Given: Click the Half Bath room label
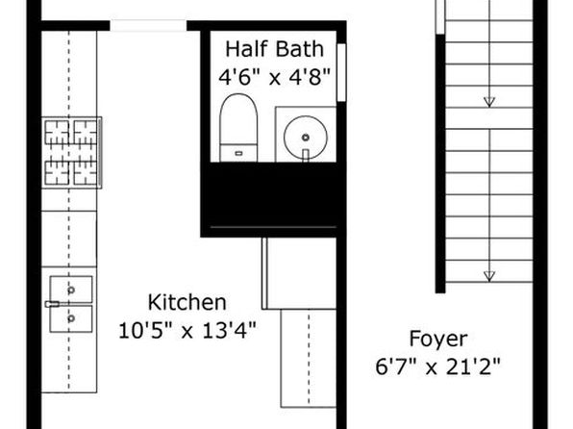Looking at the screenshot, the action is (x=274, y=49).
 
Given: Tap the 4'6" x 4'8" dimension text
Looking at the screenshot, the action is (x=274, y=77).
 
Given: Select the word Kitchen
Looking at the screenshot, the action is (x=187, y=302).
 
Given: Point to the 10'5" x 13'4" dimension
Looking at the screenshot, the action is (x=187, y=330).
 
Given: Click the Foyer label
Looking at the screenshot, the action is (x=438, y=340).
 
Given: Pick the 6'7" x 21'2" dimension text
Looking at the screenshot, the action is (x=437, y=366).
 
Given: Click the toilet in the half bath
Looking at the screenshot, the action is (x=238, y=128).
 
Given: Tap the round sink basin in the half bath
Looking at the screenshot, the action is (x=306, y=138).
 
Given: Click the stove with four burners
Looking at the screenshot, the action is (x=71, y=153).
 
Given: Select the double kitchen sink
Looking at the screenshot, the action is (x=71, y=304).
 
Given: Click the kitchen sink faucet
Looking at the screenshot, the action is (x=52, y=304).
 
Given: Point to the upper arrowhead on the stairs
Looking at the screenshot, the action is (x=489, y=102).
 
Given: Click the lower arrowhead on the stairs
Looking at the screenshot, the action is (x=489, y=276).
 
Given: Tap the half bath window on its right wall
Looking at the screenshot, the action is (x=341, y=72).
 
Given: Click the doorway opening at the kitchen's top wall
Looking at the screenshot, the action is (x=148, y=26).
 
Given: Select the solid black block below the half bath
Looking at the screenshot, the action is (x=273, y=194).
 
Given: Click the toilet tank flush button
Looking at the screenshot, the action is (x=238, y=154).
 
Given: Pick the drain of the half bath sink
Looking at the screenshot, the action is (x=306, y=138).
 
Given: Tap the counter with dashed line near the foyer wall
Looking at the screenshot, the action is (x=309, y=359).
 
